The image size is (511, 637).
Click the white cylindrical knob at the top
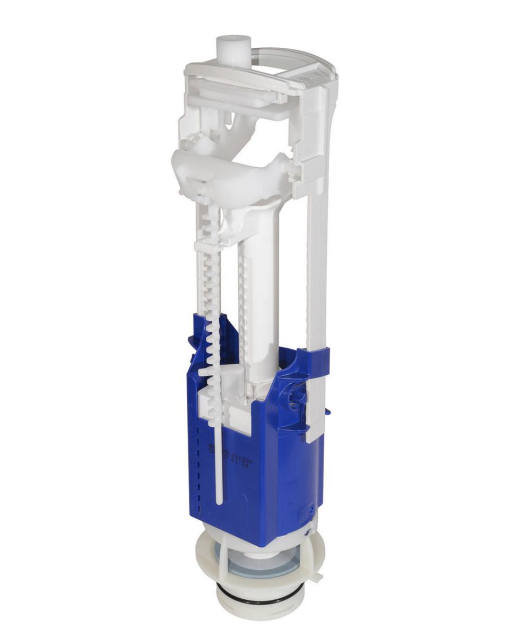234,48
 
